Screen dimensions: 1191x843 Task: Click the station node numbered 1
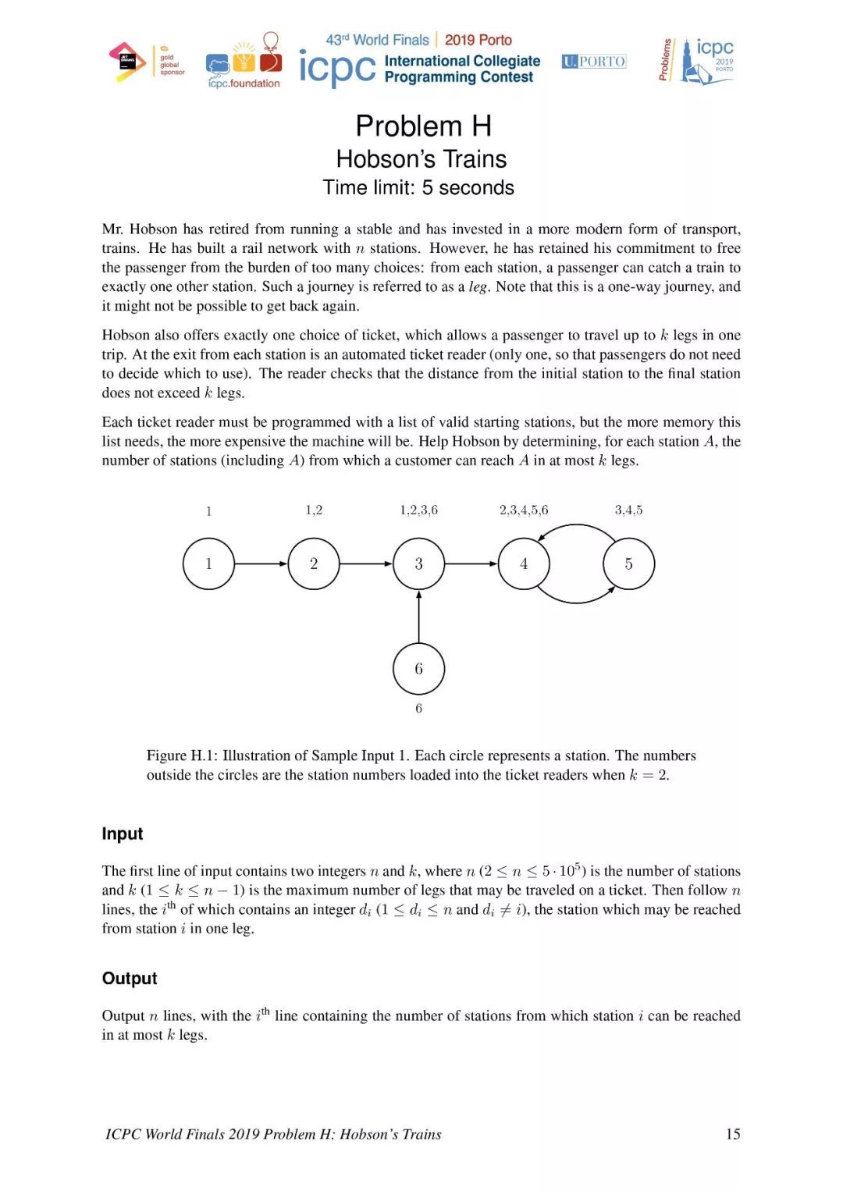[x=208, y=564]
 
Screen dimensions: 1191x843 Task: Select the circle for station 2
[x=314, y=564]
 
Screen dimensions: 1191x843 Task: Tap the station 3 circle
[x=419, y=564]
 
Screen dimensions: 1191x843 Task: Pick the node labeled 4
[x=524, y=564]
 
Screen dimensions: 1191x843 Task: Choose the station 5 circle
[x=628, y=564]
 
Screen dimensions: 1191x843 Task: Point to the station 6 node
[x=419, y=669]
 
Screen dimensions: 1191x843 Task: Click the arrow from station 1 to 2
[x=261, y=564]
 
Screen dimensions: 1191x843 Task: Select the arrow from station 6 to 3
[x=419, y=617]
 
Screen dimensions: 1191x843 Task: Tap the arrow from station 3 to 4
[x=471, y=564]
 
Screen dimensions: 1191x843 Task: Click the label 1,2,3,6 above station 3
[x=419, y=510]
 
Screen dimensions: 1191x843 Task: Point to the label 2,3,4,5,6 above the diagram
[x=524, y=510]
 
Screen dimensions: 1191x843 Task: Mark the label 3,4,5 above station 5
[x=628, y=510]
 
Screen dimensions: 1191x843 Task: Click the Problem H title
[x=423, y=126]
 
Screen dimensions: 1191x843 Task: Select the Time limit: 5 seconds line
[x=418, y=188]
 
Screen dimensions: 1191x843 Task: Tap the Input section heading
[x=123, y=834]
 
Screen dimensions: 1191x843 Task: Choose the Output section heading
[x=130, y=979]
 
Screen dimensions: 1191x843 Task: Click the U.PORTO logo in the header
[x=594, y=62]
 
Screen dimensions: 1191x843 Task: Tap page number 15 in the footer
[x=733, y=1134]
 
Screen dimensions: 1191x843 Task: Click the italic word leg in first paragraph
[x=478, y=287]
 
